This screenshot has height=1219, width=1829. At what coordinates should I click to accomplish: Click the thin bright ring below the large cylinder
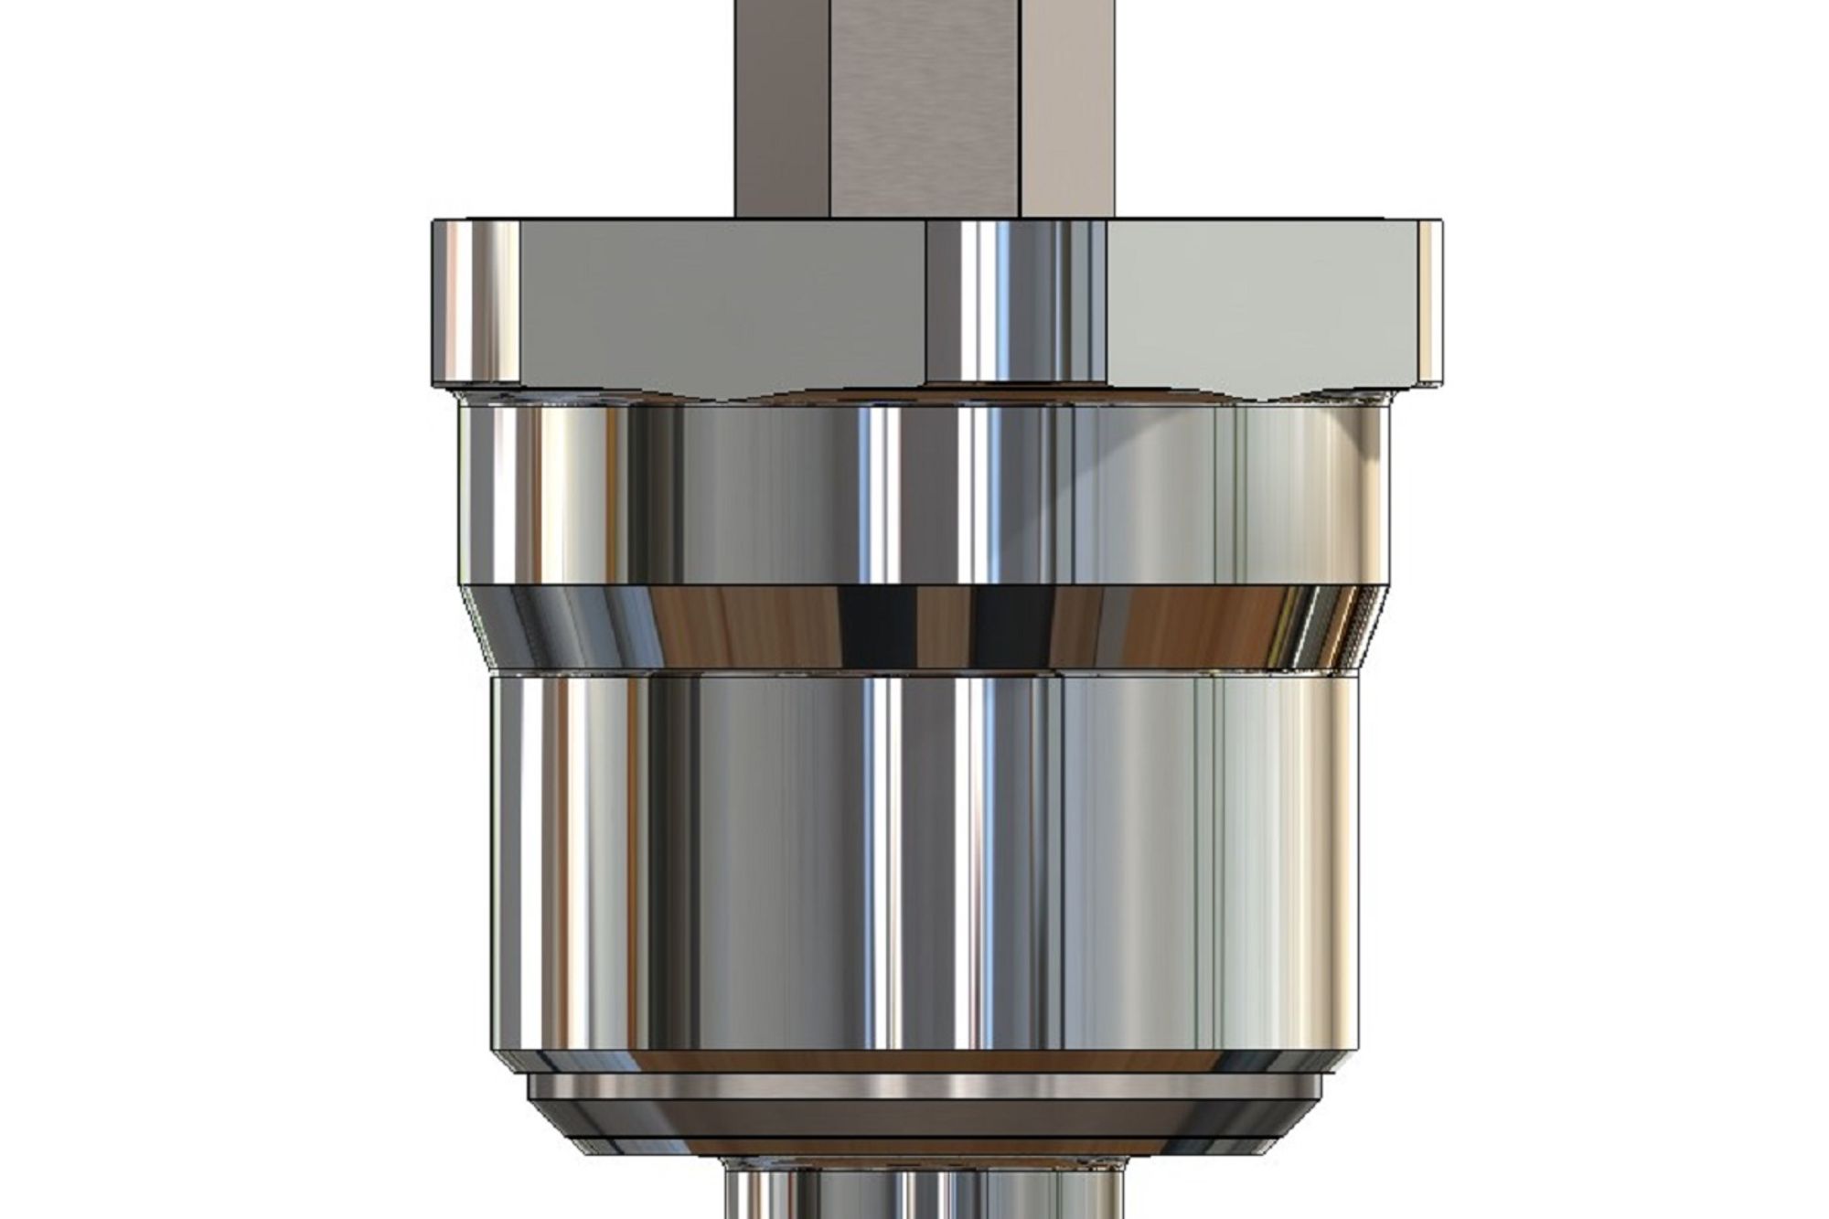point(924,1086)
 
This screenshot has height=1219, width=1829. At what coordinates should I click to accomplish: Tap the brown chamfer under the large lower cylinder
point(924,1061)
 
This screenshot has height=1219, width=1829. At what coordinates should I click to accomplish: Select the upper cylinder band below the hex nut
point(924,494)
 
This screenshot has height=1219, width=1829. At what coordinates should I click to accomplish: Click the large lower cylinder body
point(924,860)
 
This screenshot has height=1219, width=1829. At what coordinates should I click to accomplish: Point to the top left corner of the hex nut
point(437,223)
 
